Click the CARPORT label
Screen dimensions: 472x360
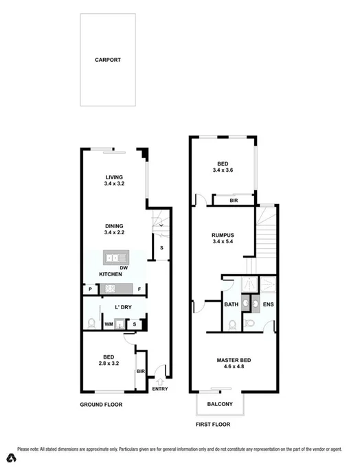[108, 60]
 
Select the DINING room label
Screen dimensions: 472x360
[114, 225]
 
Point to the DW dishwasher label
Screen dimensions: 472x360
[124, 268]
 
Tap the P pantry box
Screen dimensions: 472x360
[90, 289]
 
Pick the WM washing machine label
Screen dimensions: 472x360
[109, 324]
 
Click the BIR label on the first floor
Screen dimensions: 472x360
[234, 201]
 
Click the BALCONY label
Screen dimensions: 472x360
[221, 403]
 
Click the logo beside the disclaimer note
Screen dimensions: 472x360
[10, 458]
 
